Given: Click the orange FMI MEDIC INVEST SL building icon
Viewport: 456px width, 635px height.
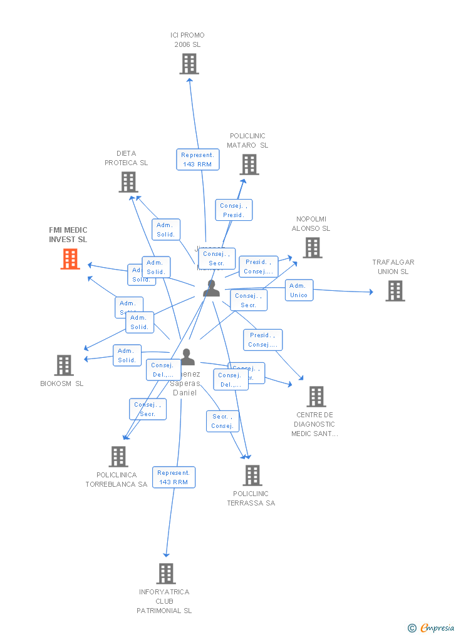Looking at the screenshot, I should (70, 259).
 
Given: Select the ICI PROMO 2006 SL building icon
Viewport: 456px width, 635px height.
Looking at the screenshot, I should (189, 64).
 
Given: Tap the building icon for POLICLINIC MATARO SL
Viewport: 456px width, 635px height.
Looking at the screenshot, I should (249, 165).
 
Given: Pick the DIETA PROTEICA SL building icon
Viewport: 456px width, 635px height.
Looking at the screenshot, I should (128, 182).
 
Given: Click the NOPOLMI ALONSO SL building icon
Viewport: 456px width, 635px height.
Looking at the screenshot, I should (313, 248).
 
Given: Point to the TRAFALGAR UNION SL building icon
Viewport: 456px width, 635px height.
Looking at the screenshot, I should (395, 291).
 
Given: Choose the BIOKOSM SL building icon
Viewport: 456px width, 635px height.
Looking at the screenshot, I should (64, 365).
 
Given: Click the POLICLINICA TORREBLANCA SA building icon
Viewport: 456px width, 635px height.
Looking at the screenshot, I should (118, 457).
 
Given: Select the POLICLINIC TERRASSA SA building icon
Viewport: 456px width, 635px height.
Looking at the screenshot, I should (252, 475).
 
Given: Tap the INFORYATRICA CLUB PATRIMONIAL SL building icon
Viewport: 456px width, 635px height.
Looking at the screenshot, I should (166, 573).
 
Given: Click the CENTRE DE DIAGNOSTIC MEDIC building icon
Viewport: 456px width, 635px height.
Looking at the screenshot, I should (316, 397).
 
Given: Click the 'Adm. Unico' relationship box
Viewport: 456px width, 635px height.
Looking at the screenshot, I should (299, 290).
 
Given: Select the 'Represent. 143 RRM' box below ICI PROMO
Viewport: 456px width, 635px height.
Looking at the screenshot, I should (198, 160).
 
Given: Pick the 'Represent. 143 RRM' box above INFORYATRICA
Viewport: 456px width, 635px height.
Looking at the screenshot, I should (174, 477).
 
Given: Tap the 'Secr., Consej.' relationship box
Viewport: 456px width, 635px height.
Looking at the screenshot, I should (222, 421).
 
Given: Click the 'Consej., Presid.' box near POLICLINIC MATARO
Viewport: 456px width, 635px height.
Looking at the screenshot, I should (234, 210).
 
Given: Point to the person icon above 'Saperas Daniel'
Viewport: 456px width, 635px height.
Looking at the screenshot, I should (187, 357).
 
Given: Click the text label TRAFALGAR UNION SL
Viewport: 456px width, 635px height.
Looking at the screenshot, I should (393, 267).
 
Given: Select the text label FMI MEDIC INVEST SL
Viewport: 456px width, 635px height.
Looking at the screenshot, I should (68, 235).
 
